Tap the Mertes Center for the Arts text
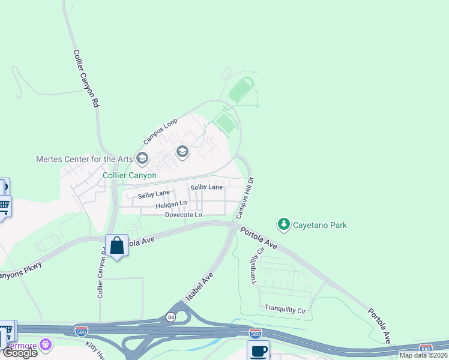point(84,159)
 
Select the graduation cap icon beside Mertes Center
point(142,158)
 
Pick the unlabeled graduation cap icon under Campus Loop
point(182,152)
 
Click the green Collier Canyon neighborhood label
point(130,175)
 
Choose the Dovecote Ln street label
point(184,214)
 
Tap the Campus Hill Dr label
point(246,197)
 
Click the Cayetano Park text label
point(320,226)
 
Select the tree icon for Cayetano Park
point(283,225)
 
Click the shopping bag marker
point(116,245)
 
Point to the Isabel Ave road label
point(200,286)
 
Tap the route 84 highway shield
point(171,317)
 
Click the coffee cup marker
point(259,351)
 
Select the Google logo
point(20,353)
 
